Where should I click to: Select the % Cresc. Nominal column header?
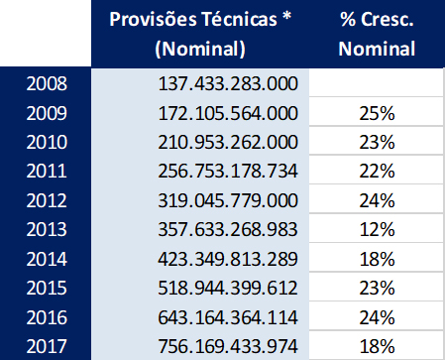pos(376,34)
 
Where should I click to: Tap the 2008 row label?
pos(46,85)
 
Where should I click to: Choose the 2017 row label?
pos(46,347)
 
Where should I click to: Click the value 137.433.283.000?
pos(228,85)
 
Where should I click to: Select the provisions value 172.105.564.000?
pos(228,114)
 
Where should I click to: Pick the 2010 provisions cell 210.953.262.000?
pos(228,144)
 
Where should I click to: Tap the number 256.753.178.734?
pos(228,173)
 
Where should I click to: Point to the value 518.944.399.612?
pos(228,290)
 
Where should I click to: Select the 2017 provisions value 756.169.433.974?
pos(228,347)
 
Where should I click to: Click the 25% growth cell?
pos(377,114)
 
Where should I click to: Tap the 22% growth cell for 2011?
pos(377,173)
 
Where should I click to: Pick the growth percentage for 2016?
pos(377,318)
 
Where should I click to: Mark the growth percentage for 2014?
pos(377,261)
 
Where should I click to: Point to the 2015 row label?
pos(46,290)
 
